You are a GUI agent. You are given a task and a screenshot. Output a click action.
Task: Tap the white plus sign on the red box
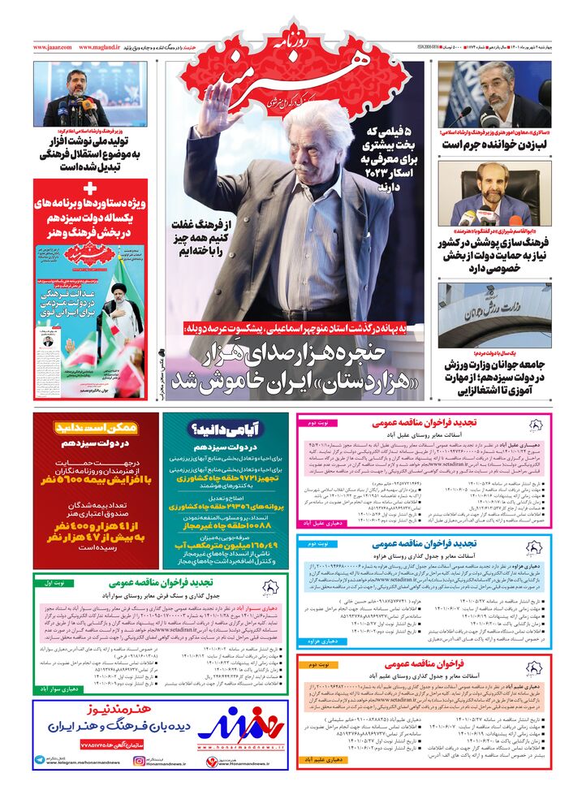tap(90, 189)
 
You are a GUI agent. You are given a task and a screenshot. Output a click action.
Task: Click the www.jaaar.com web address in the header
tap(52, 48)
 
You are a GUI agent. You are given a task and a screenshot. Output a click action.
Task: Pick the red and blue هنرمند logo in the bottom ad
tap(241, 723)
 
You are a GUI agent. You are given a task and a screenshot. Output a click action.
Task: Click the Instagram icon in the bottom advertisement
tap(140, 761)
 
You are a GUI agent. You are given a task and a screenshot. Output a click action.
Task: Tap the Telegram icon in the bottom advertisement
tap(40, 761)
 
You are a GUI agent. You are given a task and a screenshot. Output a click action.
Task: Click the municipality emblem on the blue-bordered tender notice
tap(536, 546)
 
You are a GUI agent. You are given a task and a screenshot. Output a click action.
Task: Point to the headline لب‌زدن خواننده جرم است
tap(494, 145)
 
